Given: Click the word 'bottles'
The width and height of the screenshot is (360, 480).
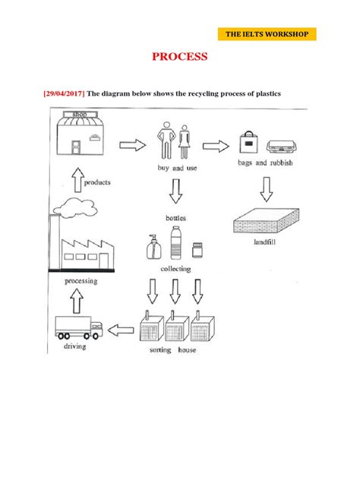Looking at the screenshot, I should point(175,218).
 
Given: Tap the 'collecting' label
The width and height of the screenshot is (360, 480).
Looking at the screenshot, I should point(175,269).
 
